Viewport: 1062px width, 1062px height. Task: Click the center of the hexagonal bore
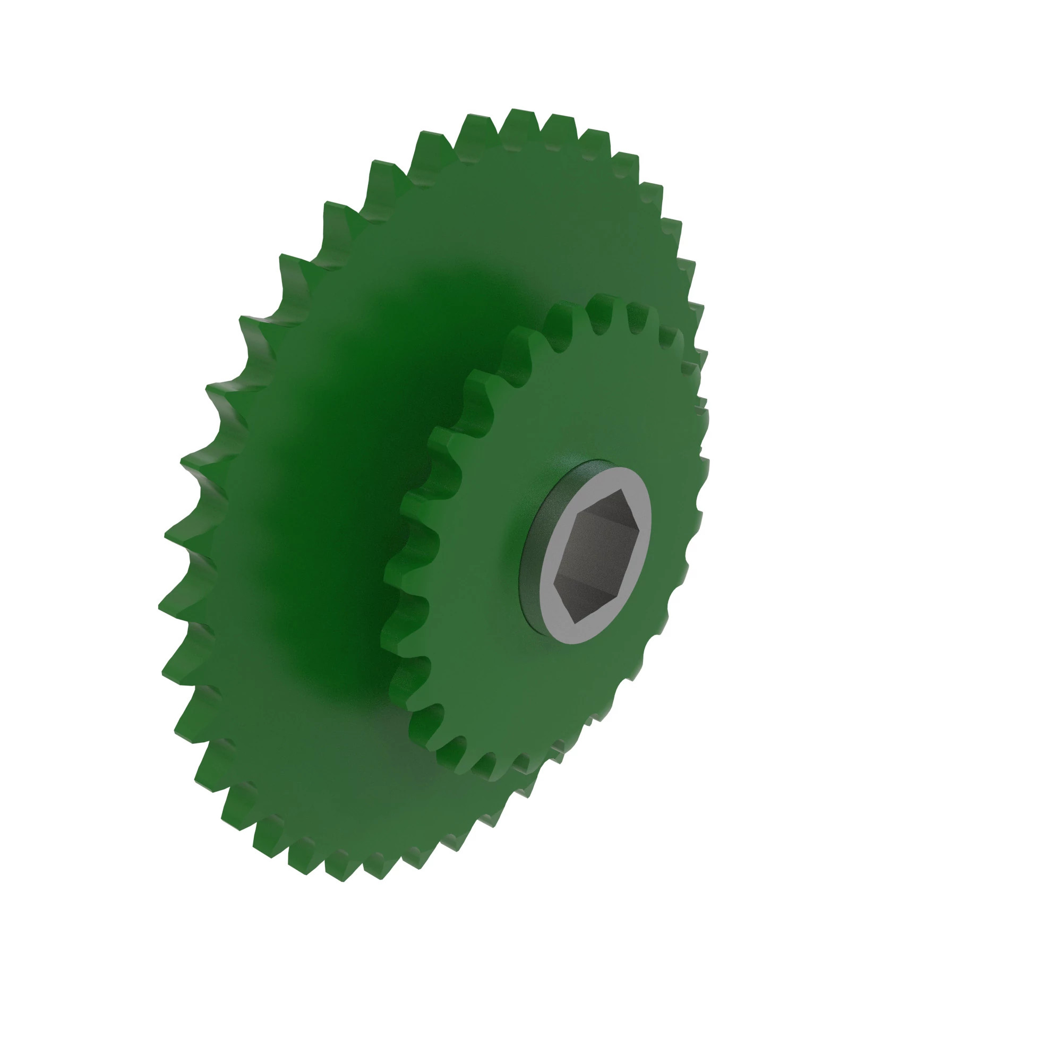tap(596, 556)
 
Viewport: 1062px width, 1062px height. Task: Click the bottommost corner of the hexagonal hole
tap(575, 623)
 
